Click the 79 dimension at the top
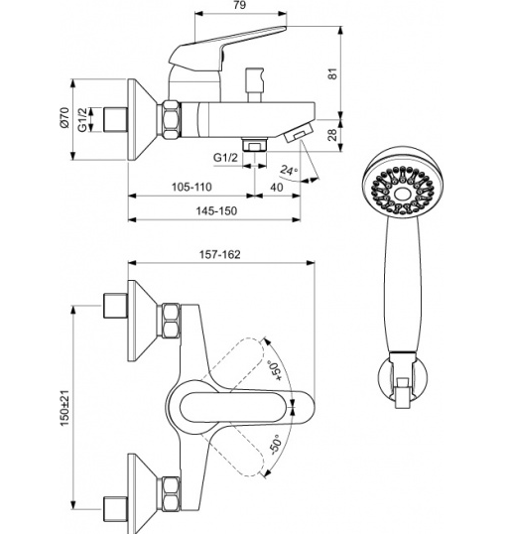pyautogui.click(x=240, y=5)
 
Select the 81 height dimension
pyautogui.click(x=332, y=73)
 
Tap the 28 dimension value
pyautogui.click(x=332, y=135)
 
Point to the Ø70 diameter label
pyautogui.click(x=64, y=117)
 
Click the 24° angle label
pyautogui.click(x=289, y=170)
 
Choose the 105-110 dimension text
pyautogui.click(x=191, y=187)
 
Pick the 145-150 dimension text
pyautogui.click(x=216, y=210)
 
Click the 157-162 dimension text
pyautogui.click(x=219, y=254)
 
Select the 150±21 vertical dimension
pyautogui.click(x=64, y=408)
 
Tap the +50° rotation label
pyautogui.click(x=275, y=370)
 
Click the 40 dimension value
pyautogui.click(x=277, y=187)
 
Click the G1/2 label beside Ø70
pyautogui.click(x=82, y=119)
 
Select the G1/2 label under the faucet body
pyautogui.click(x=225, y=158)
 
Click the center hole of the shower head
pyautogui.click(x=403, y=194)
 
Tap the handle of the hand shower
pyautogui.click(x=403, y=284)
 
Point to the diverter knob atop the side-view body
pyautogui.click(x=255, y=84)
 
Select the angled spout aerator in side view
pyautogui.click(x=298, y=132)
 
